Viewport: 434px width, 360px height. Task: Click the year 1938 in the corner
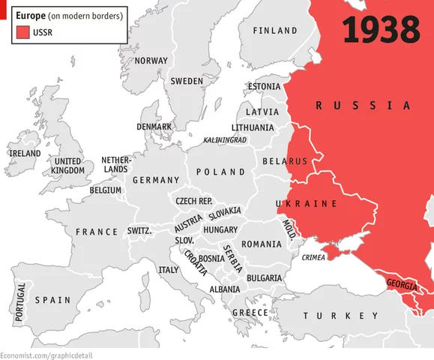(x=380, y=30)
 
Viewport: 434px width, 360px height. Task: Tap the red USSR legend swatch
(x=20, y=31)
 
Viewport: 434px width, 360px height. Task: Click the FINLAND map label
(x=275, y=31)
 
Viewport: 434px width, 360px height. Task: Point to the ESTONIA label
(x=263, y=86)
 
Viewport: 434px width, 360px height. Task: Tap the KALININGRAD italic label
(x=225, y=140)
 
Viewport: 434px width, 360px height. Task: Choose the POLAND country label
(x=220, y=172)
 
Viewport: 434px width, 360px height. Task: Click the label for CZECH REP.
(x=194, y=201)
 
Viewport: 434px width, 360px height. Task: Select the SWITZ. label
(x=139, y=231)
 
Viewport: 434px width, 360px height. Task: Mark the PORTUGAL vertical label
(x=20, y=302)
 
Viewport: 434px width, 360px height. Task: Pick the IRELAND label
(x=24, y=153)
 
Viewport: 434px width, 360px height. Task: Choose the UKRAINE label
(x=307, y=204)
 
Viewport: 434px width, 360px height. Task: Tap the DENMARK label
(x=154, y=127)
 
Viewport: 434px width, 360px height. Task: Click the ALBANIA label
(x=225, y=289)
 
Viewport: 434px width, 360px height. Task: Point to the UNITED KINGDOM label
(x=68, y=166)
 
